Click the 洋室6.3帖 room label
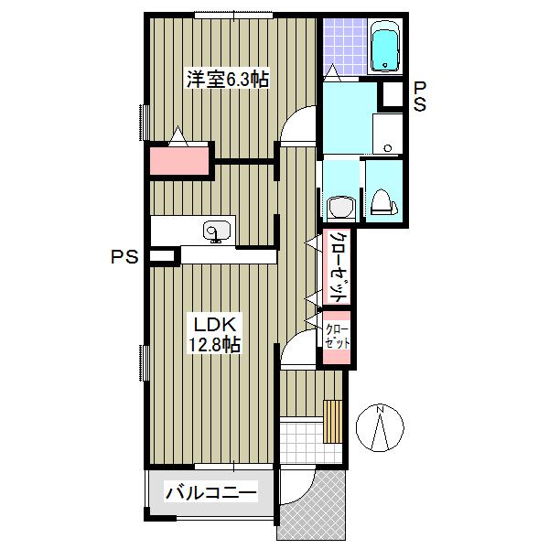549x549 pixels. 228,80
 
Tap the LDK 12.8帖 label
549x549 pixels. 215,335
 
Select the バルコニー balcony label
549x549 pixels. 211,493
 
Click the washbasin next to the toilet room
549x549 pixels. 341,208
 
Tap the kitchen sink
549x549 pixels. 217,231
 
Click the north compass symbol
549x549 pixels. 380,427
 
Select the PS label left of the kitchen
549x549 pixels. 124,257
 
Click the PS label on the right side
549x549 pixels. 420,96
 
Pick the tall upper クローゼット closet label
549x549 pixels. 338,267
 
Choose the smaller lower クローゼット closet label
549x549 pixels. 337,337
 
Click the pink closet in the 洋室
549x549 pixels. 179,161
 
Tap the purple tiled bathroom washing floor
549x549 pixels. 345,47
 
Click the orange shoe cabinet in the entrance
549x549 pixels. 332,421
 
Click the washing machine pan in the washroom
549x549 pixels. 387,134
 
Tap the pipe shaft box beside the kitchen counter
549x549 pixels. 162,256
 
